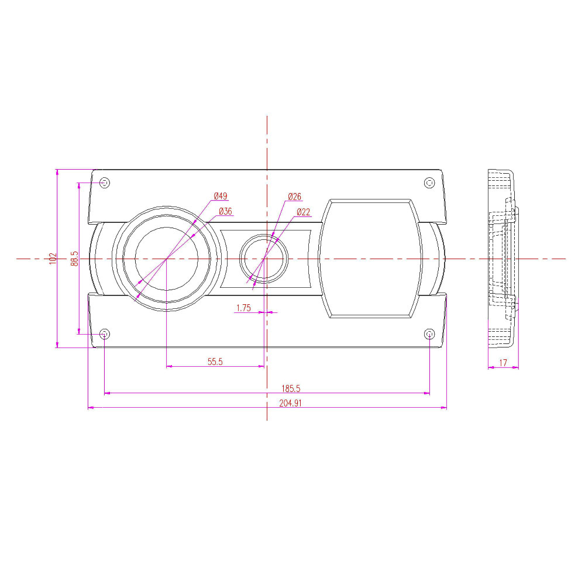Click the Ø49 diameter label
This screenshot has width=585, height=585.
(x=221, y=196)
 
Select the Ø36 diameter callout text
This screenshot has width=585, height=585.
(x=225, y=211)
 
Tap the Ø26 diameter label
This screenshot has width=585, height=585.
(x=294, y=197)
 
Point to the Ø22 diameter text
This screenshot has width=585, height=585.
(x=303, y=212)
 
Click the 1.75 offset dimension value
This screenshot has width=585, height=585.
(x=243, y=308)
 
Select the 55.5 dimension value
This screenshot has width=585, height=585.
(x=215, y=362)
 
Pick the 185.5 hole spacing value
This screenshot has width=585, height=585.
(x=291, y=388)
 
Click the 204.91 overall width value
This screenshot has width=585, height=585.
(x=290, y=403)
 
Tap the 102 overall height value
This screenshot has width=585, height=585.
(x=53, y=259)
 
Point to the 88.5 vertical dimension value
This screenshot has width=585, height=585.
(x=75, y=259)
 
